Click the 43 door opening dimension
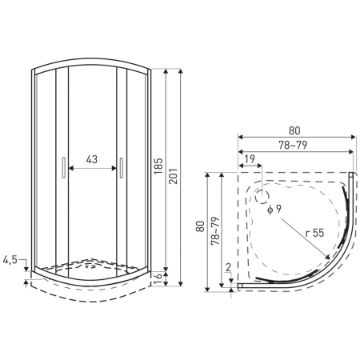[x=92, y=159]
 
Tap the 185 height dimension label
[x=158, y=166]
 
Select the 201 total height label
[x=173, y=176]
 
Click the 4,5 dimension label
[x=10, y=260]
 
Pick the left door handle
[x=63, y=167]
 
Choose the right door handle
[x=122, y=167]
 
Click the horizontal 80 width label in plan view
[x=294, y=130]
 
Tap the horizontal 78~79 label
[x=293, y=145]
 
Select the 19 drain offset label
[x=250, y=159]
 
